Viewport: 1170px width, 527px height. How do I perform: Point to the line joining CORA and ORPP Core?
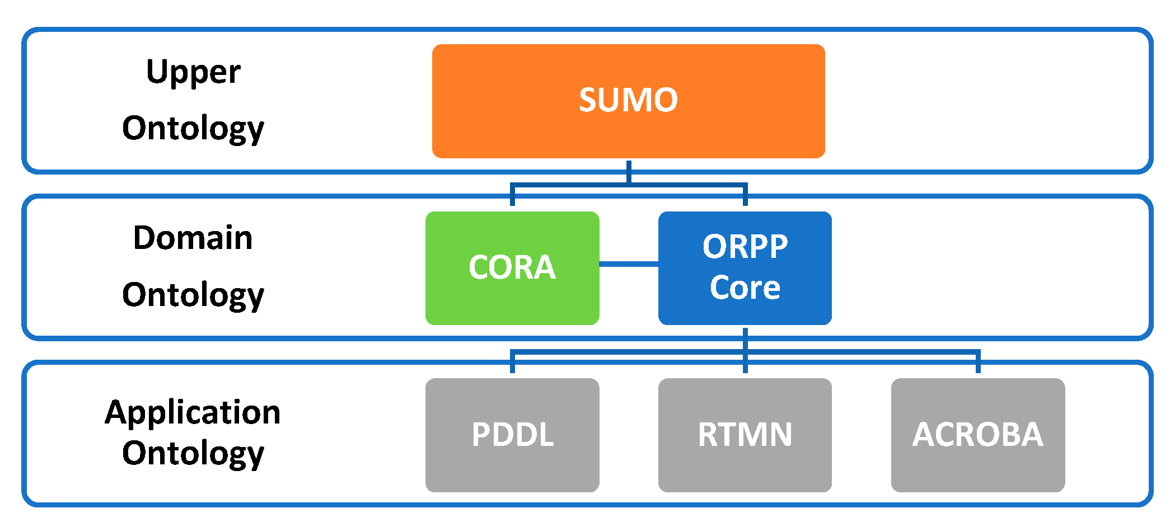point(629,263)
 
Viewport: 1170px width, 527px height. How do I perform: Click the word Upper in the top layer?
point(193,73)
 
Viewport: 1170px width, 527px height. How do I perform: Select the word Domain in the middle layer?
point(193,238)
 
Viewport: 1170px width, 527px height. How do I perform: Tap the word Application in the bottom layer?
point(193,413)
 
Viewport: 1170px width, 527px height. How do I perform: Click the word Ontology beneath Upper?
point(193,129)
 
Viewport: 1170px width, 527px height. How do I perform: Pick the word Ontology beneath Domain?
point(193,295)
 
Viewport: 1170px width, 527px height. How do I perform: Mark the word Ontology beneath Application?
point(193,453)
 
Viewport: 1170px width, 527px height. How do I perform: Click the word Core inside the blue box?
point(745,288)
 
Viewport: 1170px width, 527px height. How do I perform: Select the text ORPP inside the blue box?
point(745,246)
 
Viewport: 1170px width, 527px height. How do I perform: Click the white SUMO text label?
point(628,100)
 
